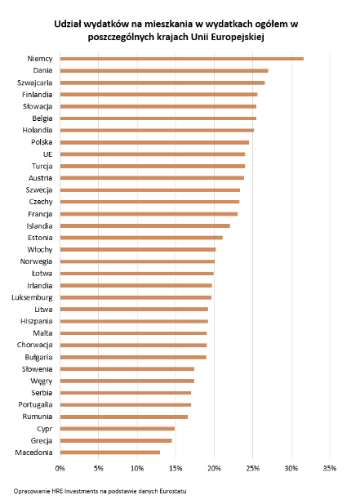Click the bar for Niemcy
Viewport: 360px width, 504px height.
pyautogui.click(x=182, y=59)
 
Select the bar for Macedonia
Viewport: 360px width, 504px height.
pyautogui.click(x=110, y=453)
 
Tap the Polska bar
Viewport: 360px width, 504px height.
pyautogui.click(x=154, y=142)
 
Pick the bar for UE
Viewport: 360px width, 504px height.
pyautogui.click(x=153, y=154)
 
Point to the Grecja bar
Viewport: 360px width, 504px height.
pyautogui.click(x=116, y=440)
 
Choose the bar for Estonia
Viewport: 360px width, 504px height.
pyautogui.click(x=141, y=238)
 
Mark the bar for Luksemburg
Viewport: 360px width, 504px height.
pyautogui.click(x=136, y=297)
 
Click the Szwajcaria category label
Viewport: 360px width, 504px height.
pyautogui.click(x=34, y=83)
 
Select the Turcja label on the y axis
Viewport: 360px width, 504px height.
pyautogui.click(x=42, y=167)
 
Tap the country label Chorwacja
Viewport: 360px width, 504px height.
pyautogui.click(x=34, y=346)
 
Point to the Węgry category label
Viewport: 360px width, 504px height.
pyautogui.click(x=42, y=381)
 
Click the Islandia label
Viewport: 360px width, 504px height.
pyautogui.click(x=39, y=226)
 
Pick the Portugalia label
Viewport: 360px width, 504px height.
pyautogui.click(x=35, y=405)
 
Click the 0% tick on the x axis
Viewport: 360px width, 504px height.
pyautogui.click(x=60, y=468)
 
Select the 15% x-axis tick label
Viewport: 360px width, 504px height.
pyautogui.click(x=176, y=468)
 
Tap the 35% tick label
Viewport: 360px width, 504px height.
pyautogui.click(x=330, y=468)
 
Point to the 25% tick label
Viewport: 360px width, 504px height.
pyautogui.click(x=253, y=468)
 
